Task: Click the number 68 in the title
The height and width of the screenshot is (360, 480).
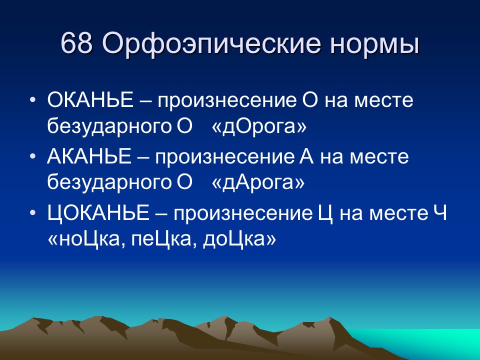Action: tap(76, 43)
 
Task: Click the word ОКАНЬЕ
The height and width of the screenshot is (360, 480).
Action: tap(90, 100)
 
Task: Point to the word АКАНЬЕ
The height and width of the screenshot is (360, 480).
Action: tap(89, 156)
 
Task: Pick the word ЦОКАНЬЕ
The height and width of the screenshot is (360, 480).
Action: tap(98, 213)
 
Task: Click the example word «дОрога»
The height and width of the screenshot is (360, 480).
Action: tap(259, 126)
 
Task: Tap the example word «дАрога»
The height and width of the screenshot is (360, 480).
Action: tap(258, 182)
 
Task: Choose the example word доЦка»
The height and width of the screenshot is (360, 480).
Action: tap(239, 239)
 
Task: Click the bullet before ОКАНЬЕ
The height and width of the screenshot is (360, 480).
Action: tap(33, 100)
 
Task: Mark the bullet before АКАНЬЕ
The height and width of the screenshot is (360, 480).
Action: tap(33, 156)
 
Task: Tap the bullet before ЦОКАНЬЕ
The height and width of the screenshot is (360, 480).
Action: tap(33, 213)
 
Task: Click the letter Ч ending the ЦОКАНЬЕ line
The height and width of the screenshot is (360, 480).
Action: tap(440, 213)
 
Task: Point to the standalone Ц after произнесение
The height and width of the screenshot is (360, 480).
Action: tap(325, 214)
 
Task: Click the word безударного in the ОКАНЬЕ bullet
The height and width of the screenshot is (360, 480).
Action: tap(109, 126)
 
